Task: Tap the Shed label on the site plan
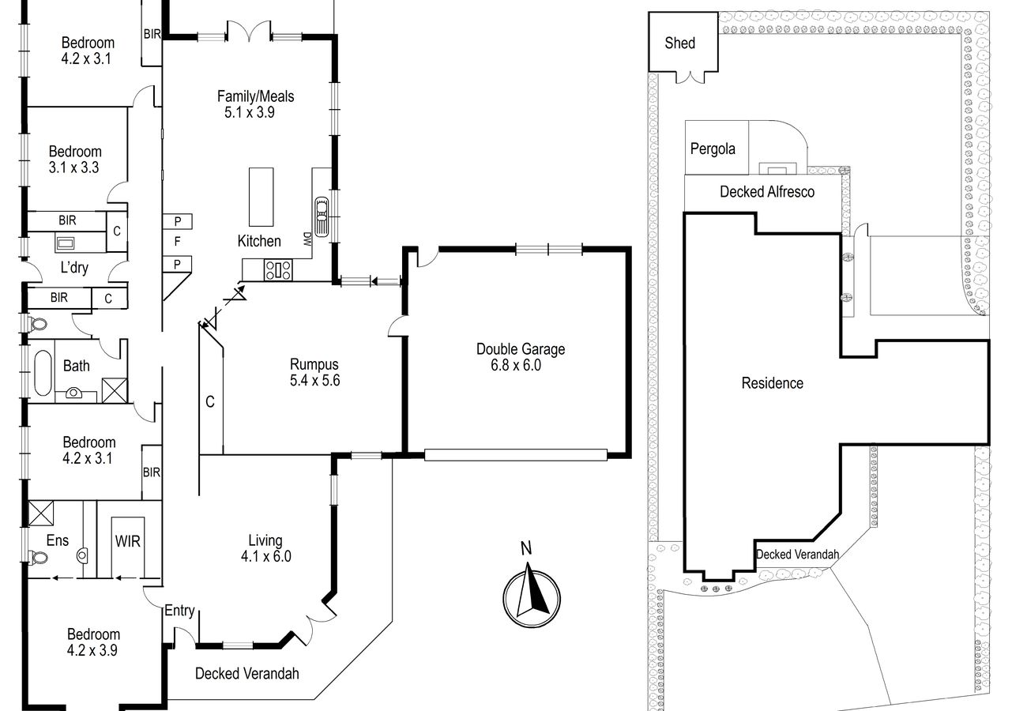679,43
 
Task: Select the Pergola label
713,149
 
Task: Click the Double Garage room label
521,349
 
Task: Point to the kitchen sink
322,216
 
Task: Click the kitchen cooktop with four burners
278,270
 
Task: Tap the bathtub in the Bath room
43,373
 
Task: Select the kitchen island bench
261,197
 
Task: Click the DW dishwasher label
307,239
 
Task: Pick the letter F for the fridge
178,241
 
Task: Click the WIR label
127,541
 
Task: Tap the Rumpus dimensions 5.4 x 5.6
314,381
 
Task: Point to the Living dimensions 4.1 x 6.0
266,556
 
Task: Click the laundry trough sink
65,243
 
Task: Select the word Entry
180,611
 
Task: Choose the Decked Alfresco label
767,192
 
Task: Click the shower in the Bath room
115,390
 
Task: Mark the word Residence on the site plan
773,383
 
